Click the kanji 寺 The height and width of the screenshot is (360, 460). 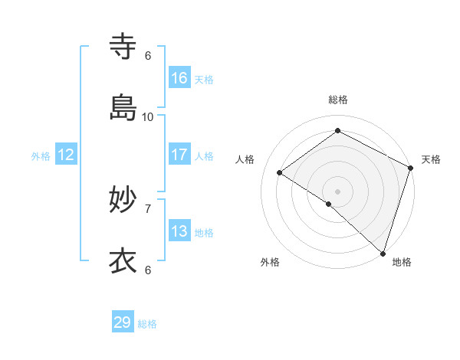tap(123, 47)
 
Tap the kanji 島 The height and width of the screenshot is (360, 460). tap(123, 108)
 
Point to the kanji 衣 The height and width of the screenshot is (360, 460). tap(123, 261)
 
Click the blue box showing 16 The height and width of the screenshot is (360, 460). tap(179, 78)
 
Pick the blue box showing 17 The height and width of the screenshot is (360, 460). tap(179, 155)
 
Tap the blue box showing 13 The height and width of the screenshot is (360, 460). tap(179, 231)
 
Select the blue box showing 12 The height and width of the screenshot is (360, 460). tap(66, 155)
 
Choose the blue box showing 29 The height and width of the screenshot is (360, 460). tap(123, 322)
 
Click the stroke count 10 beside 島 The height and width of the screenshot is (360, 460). tap(148, 116)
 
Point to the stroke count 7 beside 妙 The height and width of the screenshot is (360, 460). tap(148, 208)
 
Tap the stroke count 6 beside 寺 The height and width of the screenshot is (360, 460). tap(148, 55)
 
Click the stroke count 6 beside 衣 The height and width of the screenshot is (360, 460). tap(148, 270)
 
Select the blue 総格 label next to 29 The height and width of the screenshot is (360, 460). tap(147, 324)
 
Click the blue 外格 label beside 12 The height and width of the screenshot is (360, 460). tap(41, 156)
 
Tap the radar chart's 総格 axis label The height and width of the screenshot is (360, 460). tap(338, 100)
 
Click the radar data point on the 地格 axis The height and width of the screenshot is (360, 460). tap(383, 253)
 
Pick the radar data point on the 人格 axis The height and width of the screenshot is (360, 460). tap(280, 172)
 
